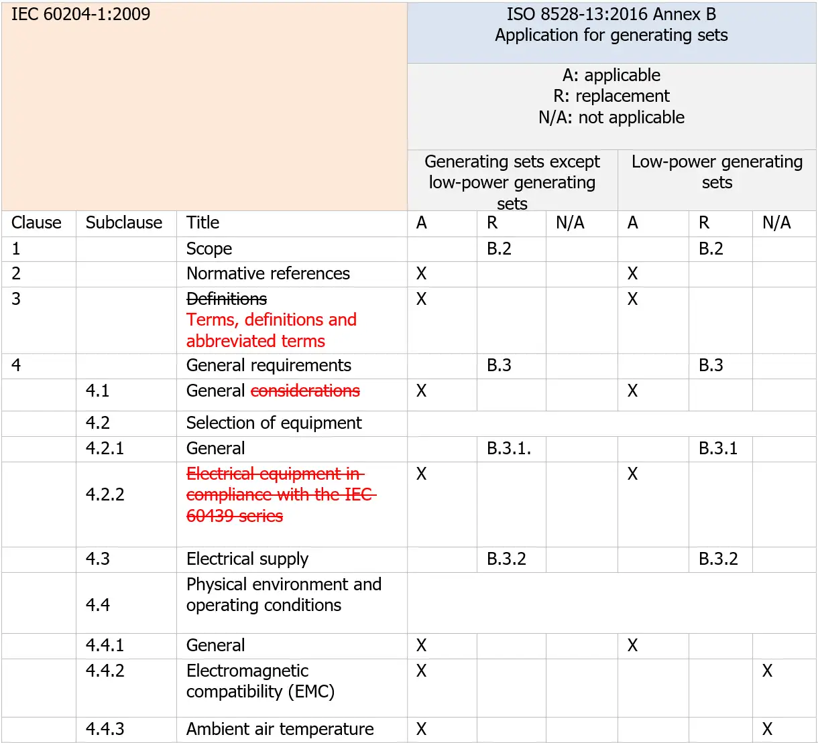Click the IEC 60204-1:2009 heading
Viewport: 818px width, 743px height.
[x=80, y=14]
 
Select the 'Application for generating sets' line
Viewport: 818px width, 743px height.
[x=611, y=36]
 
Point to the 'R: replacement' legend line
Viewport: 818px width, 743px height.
[x=611, y=96]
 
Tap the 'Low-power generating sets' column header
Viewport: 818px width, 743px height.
[x=717, y=172]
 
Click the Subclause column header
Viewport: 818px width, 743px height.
[x=124, y=222]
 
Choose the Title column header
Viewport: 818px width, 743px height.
[x=202, y=222]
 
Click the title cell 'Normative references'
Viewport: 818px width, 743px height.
[x=268, y=273]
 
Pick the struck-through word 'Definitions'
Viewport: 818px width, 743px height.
[x=227, y=299]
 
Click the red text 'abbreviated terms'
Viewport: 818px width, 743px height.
[x=255, y=341]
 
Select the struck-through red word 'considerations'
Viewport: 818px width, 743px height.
[x=305, y=391]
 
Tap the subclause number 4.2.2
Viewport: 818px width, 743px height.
[x=105, y=494]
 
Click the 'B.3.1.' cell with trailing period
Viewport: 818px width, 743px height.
[x=509, y=448]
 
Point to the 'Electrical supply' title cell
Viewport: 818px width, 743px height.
[x=247, y=559]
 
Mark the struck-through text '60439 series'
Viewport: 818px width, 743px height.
[x=235, y=516]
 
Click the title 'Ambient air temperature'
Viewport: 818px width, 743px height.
[x=280, y=729]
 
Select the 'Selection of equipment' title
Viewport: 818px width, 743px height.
[x=274, y=423]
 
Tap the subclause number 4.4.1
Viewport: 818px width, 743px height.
[x=105, y=645]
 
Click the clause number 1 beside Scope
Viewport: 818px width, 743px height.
[x=16, y=249]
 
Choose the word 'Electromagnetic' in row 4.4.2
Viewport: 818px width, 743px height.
[x=247, y=671]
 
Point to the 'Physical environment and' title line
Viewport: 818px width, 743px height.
[x=284, y=584]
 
